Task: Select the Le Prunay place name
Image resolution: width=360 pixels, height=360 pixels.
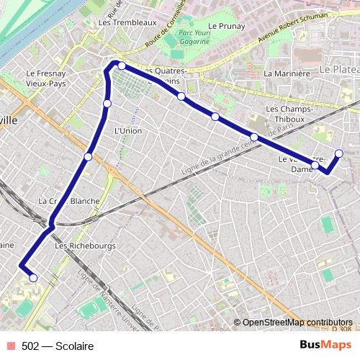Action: (x=227, y=26)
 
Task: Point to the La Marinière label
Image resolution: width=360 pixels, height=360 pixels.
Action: (x=287, y=73)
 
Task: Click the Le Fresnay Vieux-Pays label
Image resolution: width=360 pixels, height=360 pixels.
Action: (x=46, y=78)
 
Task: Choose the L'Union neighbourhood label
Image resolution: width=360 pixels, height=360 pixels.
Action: (x=128, y=130)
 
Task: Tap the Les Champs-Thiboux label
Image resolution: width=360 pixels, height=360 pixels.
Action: (x=292, y=114)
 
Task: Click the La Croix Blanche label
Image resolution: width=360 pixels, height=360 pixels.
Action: (x=69, y=201)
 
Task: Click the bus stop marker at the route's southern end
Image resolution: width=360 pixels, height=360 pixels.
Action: (x=33, y=278)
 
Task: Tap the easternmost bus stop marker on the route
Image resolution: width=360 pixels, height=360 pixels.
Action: (x=339, y=153)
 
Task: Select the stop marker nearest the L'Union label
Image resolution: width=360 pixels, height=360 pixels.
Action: (x=107, y=104)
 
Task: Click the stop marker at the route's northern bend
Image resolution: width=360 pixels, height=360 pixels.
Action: (x=122, y=66)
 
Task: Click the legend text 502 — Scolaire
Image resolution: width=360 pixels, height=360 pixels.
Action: (x=58, y=346)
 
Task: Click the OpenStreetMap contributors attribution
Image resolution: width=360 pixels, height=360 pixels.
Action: (x=297, y=323)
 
